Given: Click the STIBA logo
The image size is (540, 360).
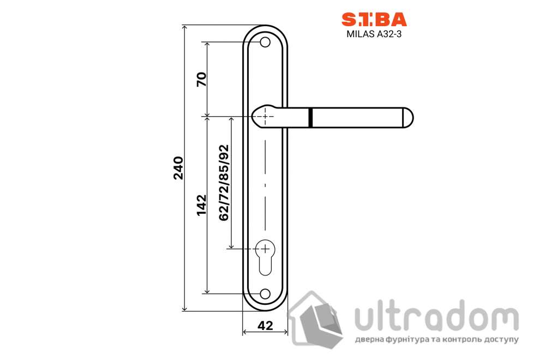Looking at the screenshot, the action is pos(374,19).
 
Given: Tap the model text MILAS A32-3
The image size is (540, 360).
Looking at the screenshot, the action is pos(374,34).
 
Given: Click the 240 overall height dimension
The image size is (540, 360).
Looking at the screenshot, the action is pos(178,168).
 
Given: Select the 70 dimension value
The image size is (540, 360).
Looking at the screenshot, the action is pos(202,79).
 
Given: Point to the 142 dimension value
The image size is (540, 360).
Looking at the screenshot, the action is pos(202,205).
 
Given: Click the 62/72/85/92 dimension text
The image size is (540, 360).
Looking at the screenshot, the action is pos(224,183).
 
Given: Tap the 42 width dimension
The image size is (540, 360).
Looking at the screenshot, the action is pos(265,326).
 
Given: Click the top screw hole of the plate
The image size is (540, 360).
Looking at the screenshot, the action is pos(265,43).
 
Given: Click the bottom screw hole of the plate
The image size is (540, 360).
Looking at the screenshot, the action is pos(265,294).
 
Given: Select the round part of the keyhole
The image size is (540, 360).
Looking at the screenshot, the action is pos(265,248).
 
